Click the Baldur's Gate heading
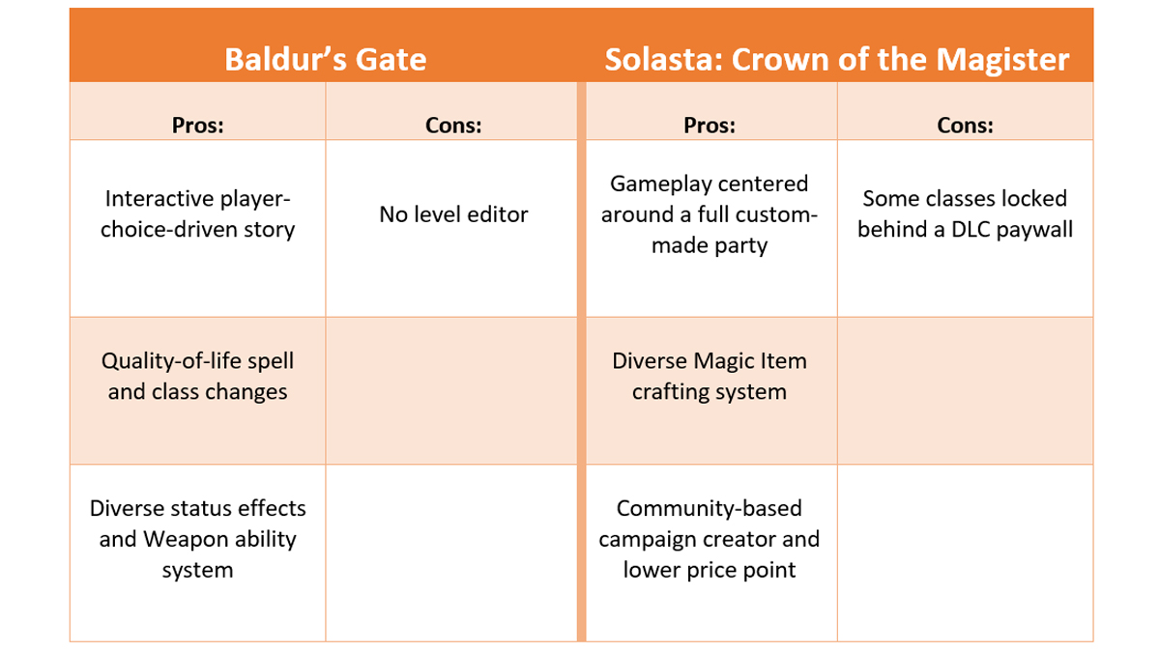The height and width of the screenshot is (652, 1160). [325, 60]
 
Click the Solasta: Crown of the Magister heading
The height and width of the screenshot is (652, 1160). [836, 60]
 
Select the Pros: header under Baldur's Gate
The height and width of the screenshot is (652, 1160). [197, 126]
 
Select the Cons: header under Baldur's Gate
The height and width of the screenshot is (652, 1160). [453, 126]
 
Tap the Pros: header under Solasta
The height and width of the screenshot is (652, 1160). [709, 126]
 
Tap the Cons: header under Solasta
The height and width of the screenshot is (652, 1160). [965, 126]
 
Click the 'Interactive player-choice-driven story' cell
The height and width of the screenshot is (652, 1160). [197, 214]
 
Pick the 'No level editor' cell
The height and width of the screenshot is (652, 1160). [453, 214]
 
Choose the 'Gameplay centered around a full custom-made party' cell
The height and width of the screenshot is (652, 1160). [709, 214]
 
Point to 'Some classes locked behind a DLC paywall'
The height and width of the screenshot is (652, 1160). [965, 214]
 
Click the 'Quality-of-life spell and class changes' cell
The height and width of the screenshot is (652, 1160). [197, 377]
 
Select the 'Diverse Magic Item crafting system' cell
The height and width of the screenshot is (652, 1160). [709, 377]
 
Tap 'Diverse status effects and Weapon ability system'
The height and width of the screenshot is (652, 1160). [197, 539]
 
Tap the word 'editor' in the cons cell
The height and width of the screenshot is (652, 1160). [495, 214]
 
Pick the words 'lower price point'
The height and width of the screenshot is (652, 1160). [709, 570]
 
